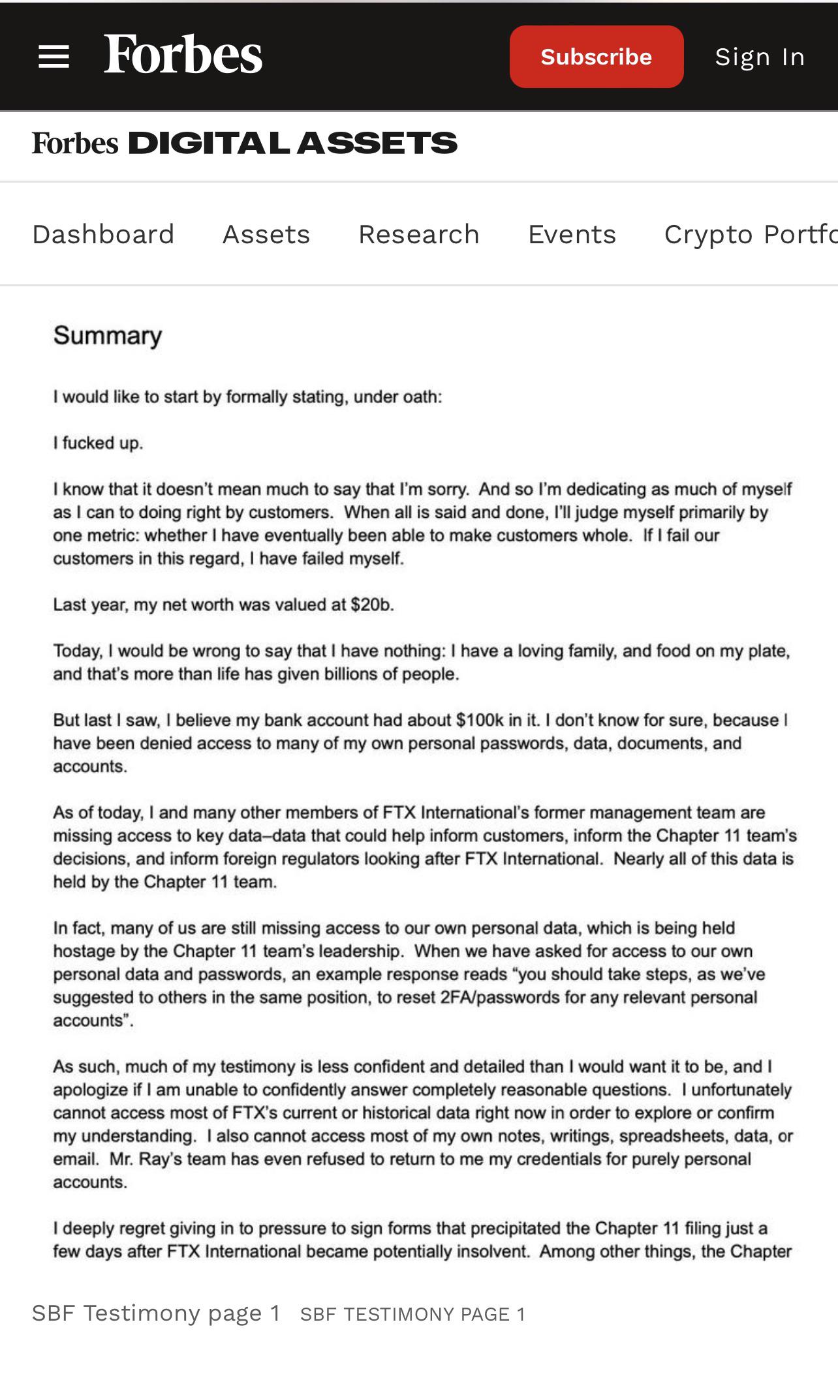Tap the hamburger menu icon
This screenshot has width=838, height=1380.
[x=54, y=57]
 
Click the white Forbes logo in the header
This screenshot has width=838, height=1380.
[x=183, y=55]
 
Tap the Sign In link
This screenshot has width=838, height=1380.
[x=760, y=57]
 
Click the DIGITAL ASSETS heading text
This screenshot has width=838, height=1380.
[x=292, y=143]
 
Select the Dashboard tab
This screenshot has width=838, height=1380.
[x=103, y=234]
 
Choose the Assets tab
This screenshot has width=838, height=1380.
[x=266, y=234]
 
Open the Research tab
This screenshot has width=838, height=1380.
[x=419, y=234]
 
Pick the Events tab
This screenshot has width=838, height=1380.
[x=572, y=234]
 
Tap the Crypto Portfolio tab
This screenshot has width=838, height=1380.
[x=751, y=234]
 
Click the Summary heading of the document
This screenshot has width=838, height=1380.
[x=108, y=336]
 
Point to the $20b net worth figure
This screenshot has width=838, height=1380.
[x=371, y=605]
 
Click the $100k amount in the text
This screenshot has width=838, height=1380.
[x=480, y=721]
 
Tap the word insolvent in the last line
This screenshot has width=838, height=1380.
[x=497, y=1252]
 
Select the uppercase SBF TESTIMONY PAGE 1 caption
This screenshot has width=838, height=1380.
[x=412, y=1314]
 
